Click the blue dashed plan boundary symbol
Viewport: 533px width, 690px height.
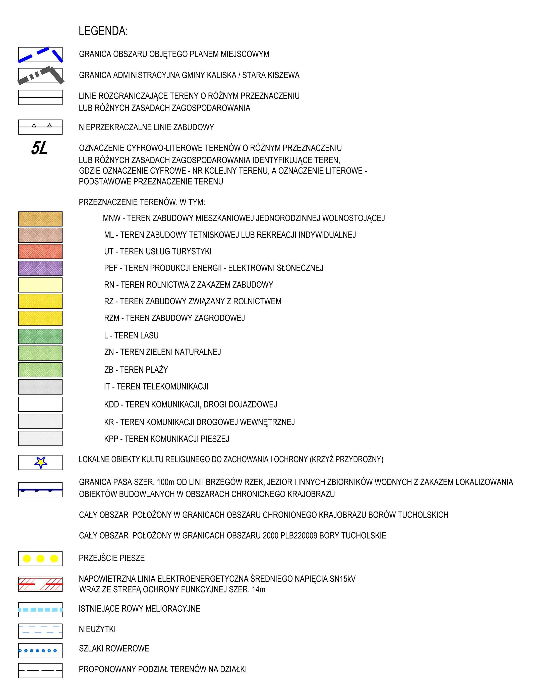40,55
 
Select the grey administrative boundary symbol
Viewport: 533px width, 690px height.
40,76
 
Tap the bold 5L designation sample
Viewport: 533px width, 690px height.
39,148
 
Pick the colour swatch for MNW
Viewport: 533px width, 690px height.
40,219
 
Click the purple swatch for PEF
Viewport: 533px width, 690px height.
40,268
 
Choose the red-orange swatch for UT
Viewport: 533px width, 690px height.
40,252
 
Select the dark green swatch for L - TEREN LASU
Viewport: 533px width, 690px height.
40,336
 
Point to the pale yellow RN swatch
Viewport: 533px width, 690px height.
40,285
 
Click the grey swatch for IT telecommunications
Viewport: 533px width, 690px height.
40,387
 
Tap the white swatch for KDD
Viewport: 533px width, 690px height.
40,404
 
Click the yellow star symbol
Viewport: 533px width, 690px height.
41,463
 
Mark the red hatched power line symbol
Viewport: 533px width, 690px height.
40,584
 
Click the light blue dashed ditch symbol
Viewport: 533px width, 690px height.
40,609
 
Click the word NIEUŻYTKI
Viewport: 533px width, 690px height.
97,629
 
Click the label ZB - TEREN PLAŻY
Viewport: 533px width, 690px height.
136,370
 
